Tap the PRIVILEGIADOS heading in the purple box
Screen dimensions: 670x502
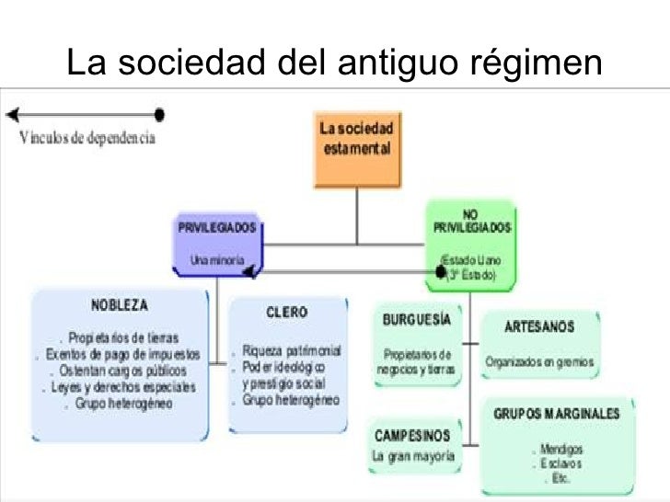click(x=217, y=227)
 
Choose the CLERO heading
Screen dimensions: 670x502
click(x=286, y=313)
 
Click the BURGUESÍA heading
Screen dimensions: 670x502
click(x=417, y=320)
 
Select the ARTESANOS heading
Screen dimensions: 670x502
click(x=540, y=326)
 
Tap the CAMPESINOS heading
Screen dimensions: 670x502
click(x=412, y=435)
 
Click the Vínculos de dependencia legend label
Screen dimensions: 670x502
click(x=87, y=139)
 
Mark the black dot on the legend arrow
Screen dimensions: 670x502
click(x=159, y=115)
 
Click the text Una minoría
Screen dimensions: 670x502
click(x=217, y=260)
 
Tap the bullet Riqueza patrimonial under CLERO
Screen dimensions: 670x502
click(x=292, y=351)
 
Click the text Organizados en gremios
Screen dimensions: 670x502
click(x=540, y=361)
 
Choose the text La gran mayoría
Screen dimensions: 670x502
click(x=412, y=456)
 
